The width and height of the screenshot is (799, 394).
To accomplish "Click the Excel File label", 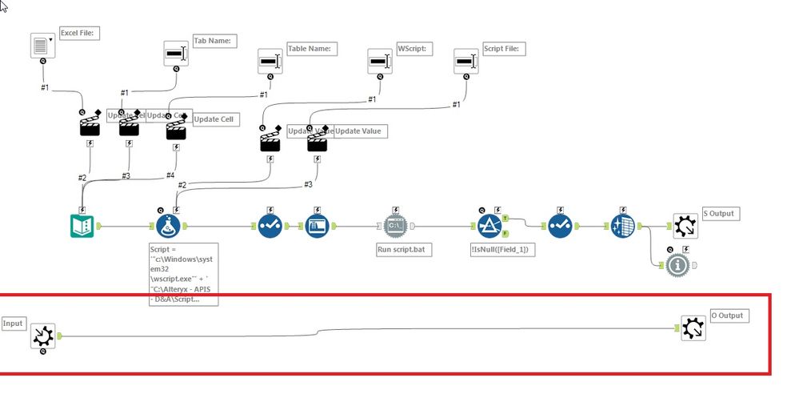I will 79,33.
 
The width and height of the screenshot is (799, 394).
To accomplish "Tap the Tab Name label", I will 214,40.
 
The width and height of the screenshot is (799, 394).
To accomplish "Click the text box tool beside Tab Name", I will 176,54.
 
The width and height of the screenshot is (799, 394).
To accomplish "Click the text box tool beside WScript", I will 379,62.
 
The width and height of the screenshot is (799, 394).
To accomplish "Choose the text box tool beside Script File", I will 465,62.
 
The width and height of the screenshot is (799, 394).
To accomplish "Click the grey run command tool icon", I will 397,227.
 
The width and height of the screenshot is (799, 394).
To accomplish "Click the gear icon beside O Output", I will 693,328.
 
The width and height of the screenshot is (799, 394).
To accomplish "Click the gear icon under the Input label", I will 42,337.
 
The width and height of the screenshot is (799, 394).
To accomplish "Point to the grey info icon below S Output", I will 677,265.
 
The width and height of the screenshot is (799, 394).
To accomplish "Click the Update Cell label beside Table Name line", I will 214,119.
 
